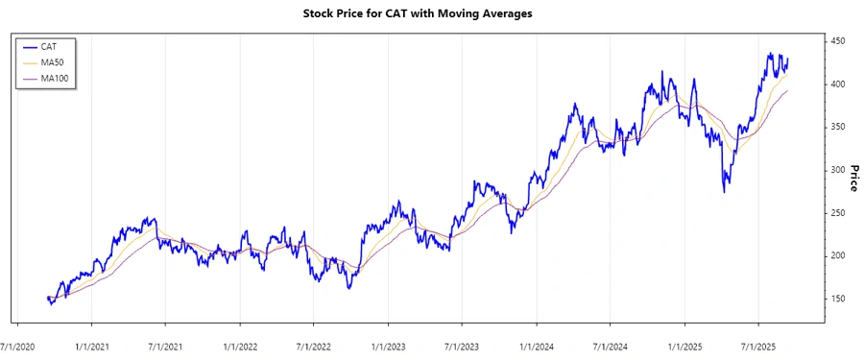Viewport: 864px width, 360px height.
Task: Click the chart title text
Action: [x=431, y=13]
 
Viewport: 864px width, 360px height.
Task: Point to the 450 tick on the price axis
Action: [x=838, y=41]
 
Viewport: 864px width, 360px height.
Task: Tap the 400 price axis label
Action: [x=838, y=84]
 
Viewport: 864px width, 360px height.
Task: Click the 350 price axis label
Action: [x=838, y=127]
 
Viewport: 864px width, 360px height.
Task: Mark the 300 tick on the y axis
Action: [x=838, y=170]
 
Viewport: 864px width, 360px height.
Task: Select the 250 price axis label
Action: [x=838, y=213]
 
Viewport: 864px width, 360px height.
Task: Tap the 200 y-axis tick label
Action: [x=838, y=255]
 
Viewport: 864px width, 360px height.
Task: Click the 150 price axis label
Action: [x=838, y=299]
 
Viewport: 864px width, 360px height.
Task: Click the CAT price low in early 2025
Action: [x=724, y=192]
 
